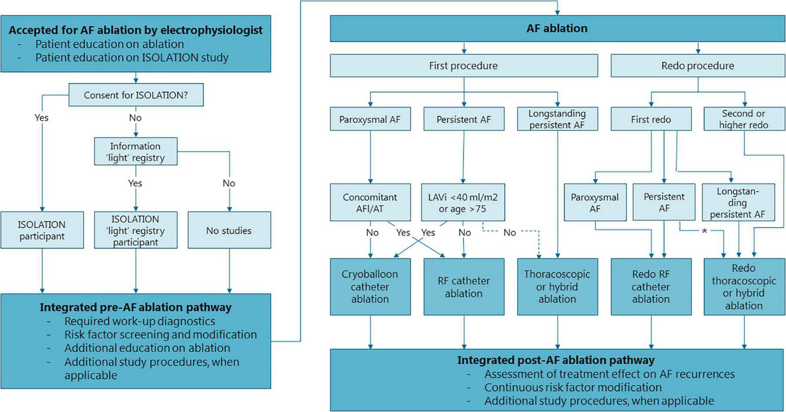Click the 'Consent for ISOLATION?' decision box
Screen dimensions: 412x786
click(136, 95)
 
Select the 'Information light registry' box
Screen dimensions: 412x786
click(136, 152)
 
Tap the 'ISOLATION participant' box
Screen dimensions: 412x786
click(42, 230)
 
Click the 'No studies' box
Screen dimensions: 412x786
click(229, 230)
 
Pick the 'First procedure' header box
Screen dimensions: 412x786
click(464, 66)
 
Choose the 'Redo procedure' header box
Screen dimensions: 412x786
click(697, 66)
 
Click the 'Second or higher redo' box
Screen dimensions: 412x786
click(743, 119)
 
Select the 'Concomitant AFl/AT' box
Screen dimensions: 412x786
click(370, 202)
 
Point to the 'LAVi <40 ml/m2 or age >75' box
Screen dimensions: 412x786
click(463, 202)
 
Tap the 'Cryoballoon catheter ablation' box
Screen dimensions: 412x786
click(370, 287)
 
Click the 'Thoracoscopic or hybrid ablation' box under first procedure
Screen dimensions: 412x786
click(557, 287)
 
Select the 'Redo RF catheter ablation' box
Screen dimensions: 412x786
click(651, 287)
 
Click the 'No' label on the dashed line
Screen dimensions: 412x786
click(509, 233)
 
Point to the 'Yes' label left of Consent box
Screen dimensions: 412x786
click(42, 117)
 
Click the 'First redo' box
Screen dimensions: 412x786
click(651, 119)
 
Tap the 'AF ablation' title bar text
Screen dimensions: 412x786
click(557, 28)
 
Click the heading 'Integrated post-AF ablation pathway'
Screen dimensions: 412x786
click(556, 360)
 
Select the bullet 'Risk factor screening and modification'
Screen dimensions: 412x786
click(161, 334)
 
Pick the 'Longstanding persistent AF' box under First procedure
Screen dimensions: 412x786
click(557, 119)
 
